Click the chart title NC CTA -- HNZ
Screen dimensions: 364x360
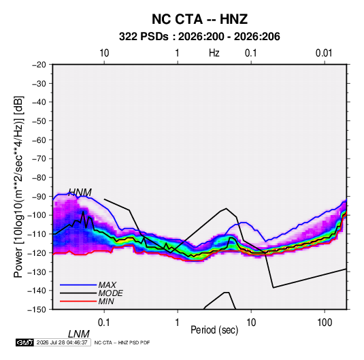tap(199, 19)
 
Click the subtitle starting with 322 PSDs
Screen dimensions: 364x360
tap(199, 37)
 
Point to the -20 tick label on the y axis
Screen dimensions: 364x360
tap(39, 65)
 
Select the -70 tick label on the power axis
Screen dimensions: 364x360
tap(39, 159)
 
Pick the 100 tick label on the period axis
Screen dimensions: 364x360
tap(325, 323)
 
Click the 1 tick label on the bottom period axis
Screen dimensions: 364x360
tap(178, 323)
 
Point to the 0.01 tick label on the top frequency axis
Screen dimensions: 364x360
tap(324, 53)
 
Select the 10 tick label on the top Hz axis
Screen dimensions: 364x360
tap(104, 53)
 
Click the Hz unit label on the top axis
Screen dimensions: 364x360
tap(214, 53)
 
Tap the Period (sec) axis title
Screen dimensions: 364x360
tap(214, 330)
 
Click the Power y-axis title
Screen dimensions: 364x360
tap(18, 186)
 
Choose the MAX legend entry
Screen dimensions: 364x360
tap(107, 284)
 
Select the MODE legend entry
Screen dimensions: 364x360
tap(110, 293)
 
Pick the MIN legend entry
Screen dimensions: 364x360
tap(106, 301)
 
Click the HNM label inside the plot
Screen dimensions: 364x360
tap(80, 193)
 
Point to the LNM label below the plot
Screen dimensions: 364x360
tap(79, 334)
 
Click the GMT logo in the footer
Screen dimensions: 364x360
tap(24, 342)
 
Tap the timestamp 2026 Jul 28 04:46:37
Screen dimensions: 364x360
tap(62, 342)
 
